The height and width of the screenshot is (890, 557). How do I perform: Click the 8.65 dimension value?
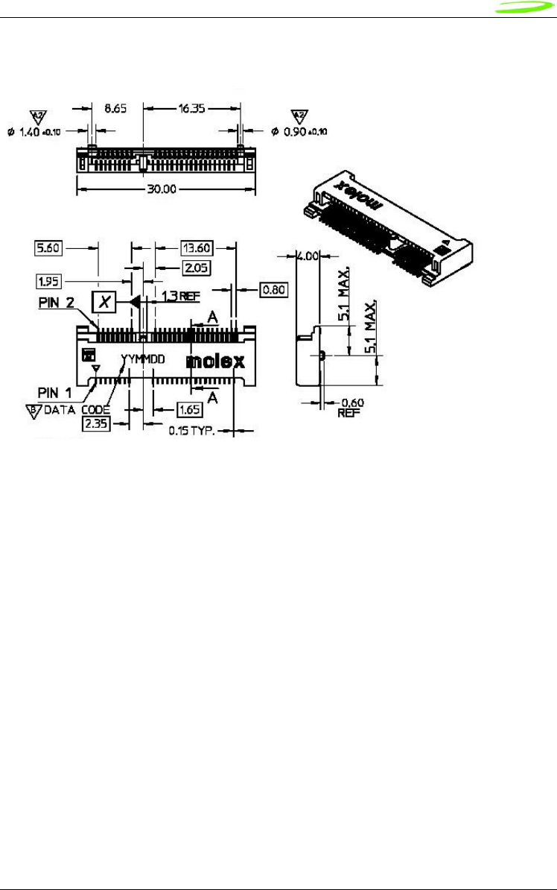[115, 108]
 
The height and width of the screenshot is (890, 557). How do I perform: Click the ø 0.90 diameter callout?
[299, 131]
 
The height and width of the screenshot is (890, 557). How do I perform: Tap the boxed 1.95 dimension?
[50, 281]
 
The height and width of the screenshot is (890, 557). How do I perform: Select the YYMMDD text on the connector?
[143, 359]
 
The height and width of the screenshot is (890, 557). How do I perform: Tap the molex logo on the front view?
[215, 362]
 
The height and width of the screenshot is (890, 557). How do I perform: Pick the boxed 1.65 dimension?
[189, 409]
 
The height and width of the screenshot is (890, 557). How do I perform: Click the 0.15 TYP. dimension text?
[191, 430]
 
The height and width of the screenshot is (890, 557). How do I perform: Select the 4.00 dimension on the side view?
[307, 255]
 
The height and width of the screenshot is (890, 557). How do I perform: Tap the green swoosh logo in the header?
[526, 9]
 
